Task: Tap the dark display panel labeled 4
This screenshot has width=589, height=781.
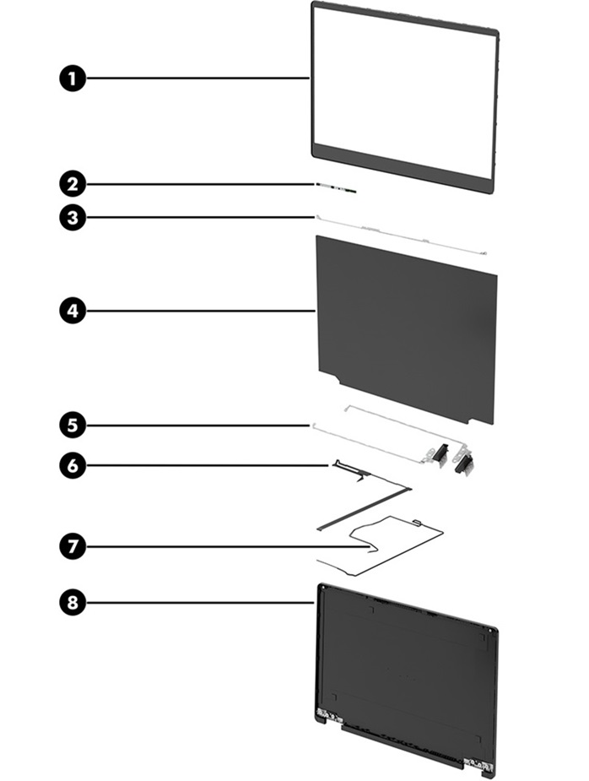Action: pyautogui.click(x=405, y=325)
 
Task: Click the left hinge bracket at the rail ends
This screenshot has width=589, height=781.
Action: pyautogui.click(x=437, y=454)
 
